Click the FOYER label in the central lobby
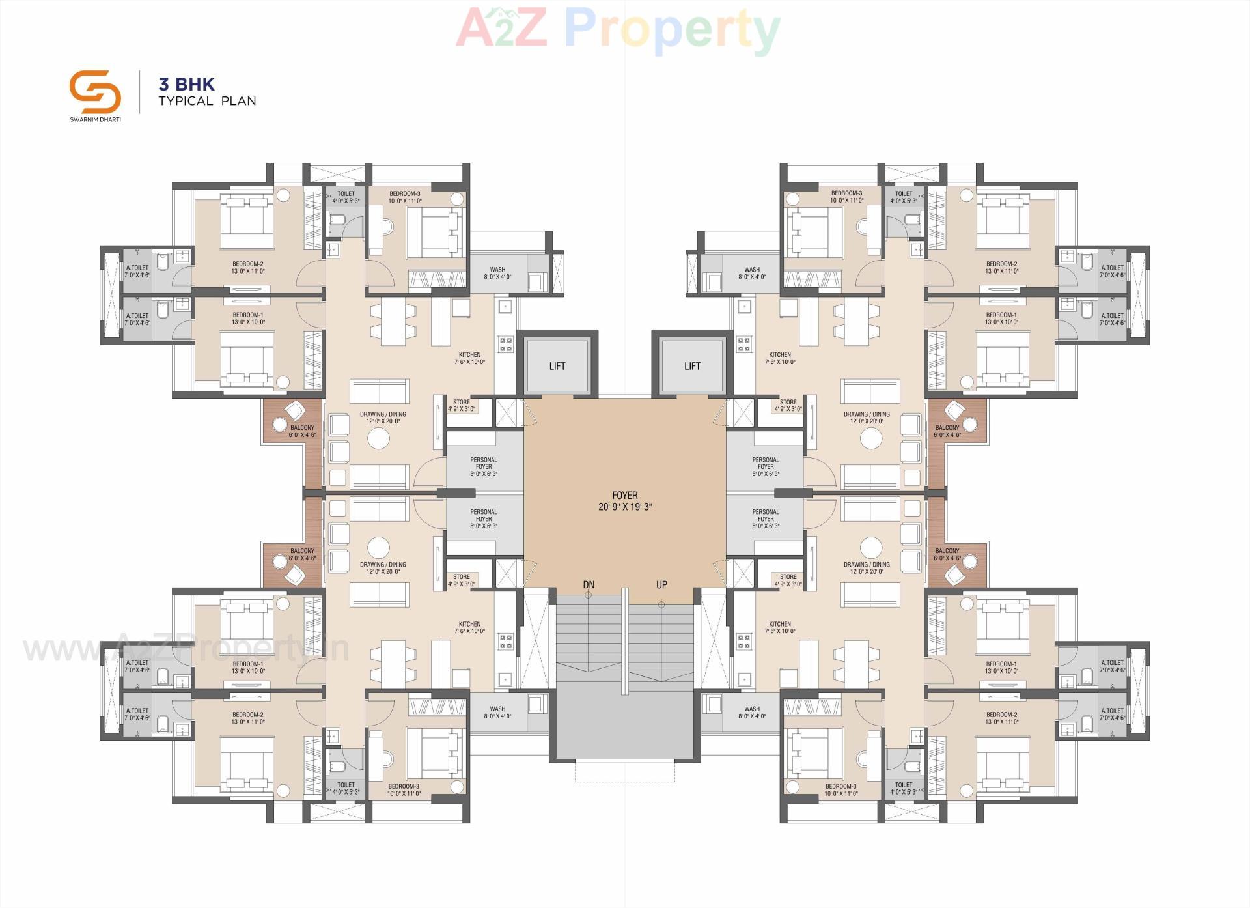tap(624, 496)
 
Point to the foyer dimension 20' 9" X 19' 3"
tap(624, 507)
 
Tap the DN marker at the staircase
tap(589, 585)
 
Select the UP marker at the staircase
tap(661, 585)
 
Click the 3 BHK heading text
tap(187, 84)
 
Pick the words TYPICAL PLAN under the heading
tap(207, 101)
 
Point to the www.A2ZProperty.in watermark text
tap(186, 649)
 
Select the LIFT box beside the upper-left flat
tap(557, 366)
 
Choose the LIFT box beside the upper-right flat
tap(692, 366)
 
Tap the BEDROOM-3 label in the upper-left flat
tap(405, 193)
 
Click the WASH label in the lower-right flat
tap(752, 709)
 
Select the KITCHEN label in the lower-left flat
tap(469, 624)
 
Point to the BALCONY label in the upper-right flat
tap(947, 428)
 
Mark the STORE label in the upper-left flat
tap(462, 402)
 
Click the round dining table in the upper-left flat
tap(378, 439)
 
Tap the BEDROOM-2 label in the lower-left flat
tap(248, 715)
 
